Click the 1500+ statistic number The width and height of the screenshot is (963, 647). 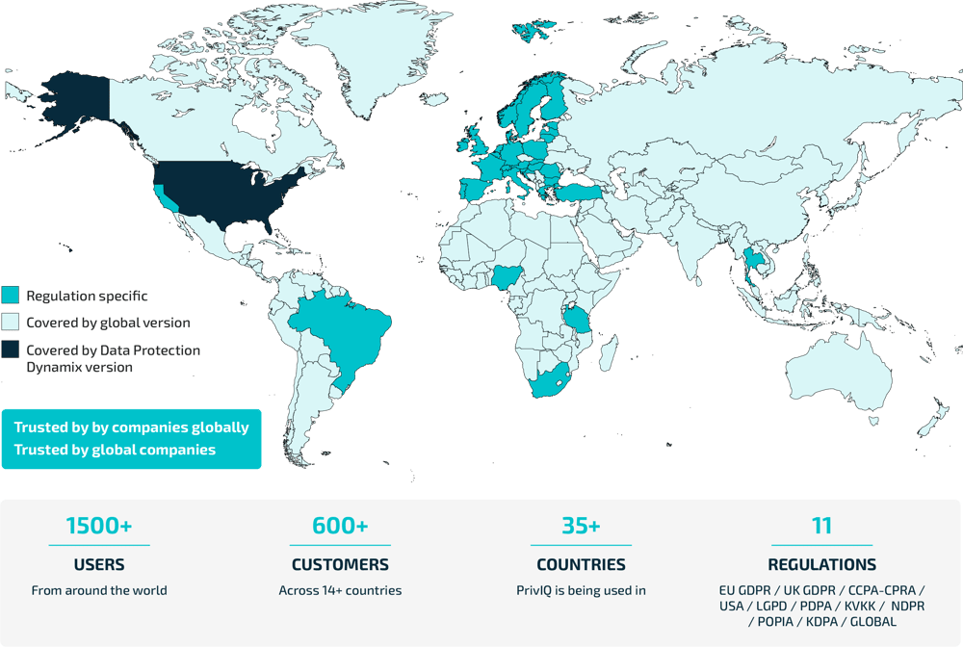tap(99, 526)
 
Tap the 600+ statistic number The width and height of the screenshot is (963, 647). tap(340, 526)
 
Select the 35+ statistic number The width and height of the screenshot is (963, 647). tap(581, 526)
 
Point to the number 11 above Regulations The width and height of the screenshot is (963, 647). tap(821, 526)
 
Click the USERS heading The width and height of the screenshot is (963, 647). tap(99, 564)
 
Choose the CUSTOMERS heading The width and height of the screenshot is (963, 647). tap(340, 564)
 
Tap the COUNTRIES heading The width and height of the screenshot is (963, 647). tap(581, 564)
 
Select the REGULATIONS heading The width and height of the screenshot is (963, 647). tap(821, 564)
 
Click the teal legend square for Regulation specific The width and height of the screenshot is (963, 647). tap(11, 295)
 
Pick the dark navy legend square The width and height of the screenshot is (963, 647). tap(11, 349)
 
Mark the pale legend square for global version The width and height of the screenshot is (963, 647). tap(11, 322)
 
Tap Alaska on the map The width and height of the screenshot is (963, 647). tap(72, 106)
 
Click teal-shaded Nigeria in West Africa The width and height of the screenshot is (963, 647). tap(506, 278)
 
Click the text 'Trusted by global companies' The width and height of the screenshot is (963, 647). tap(115, 450)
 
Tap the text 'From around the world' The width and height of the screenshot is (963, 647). tap(99, 590)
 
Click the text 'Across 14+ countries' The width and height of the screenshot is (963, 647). tap(340, 590)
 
